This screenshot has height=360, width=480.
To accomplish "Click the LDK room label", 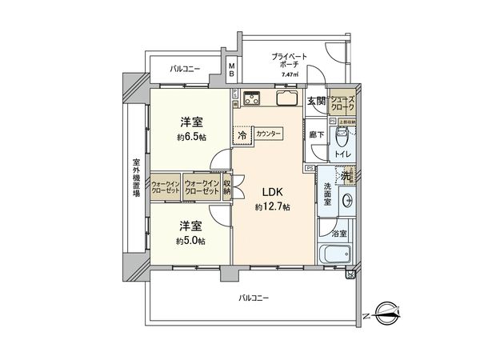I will (x=266, y=193).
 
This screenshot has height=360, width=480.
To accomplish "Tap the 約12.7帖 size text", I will (x=273, y=207).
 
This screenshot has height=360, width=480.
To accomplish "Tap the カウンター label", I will (x=269, y=134).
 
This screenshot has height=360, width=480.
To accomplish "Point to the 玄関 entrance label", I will (x=316, y=101).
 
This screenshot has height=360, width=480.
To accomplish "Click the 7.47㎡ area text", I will (x=289, y=75).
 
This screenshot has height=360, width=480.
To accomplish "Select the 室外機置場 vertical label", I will (x=136, y=183).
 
